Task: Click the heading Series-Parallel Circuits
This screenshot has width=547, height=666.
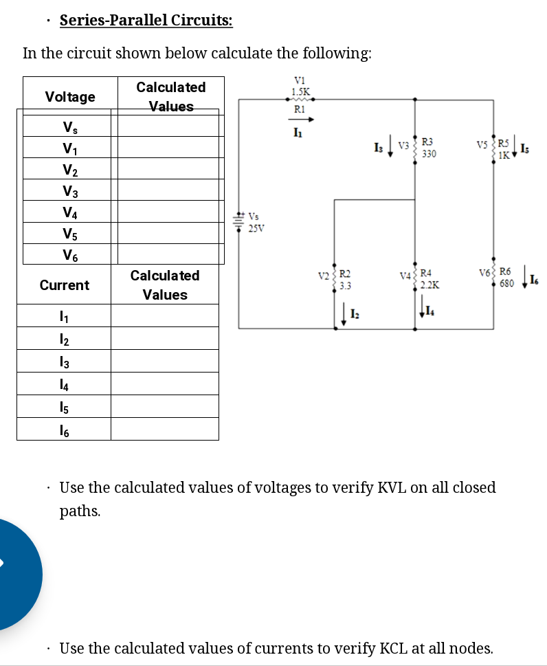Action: click(x=146, y=20)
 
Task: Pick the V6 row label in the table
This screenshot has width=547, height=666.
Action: click(x=69, y=255)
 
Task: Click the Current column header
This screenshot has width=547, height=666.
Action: click(x=65, y=285)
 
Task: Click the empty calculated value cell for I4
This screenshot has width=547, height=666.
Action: click(x=164, y=384)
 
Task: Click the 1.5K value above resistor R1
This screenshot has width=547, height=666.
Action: click(x=300, y=91)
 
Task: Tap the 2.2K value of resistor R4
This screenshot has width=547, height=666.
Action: click(x=431, y=284)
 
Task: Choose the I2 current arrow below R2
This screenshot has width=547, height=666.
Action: click(x=342, y=316)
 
